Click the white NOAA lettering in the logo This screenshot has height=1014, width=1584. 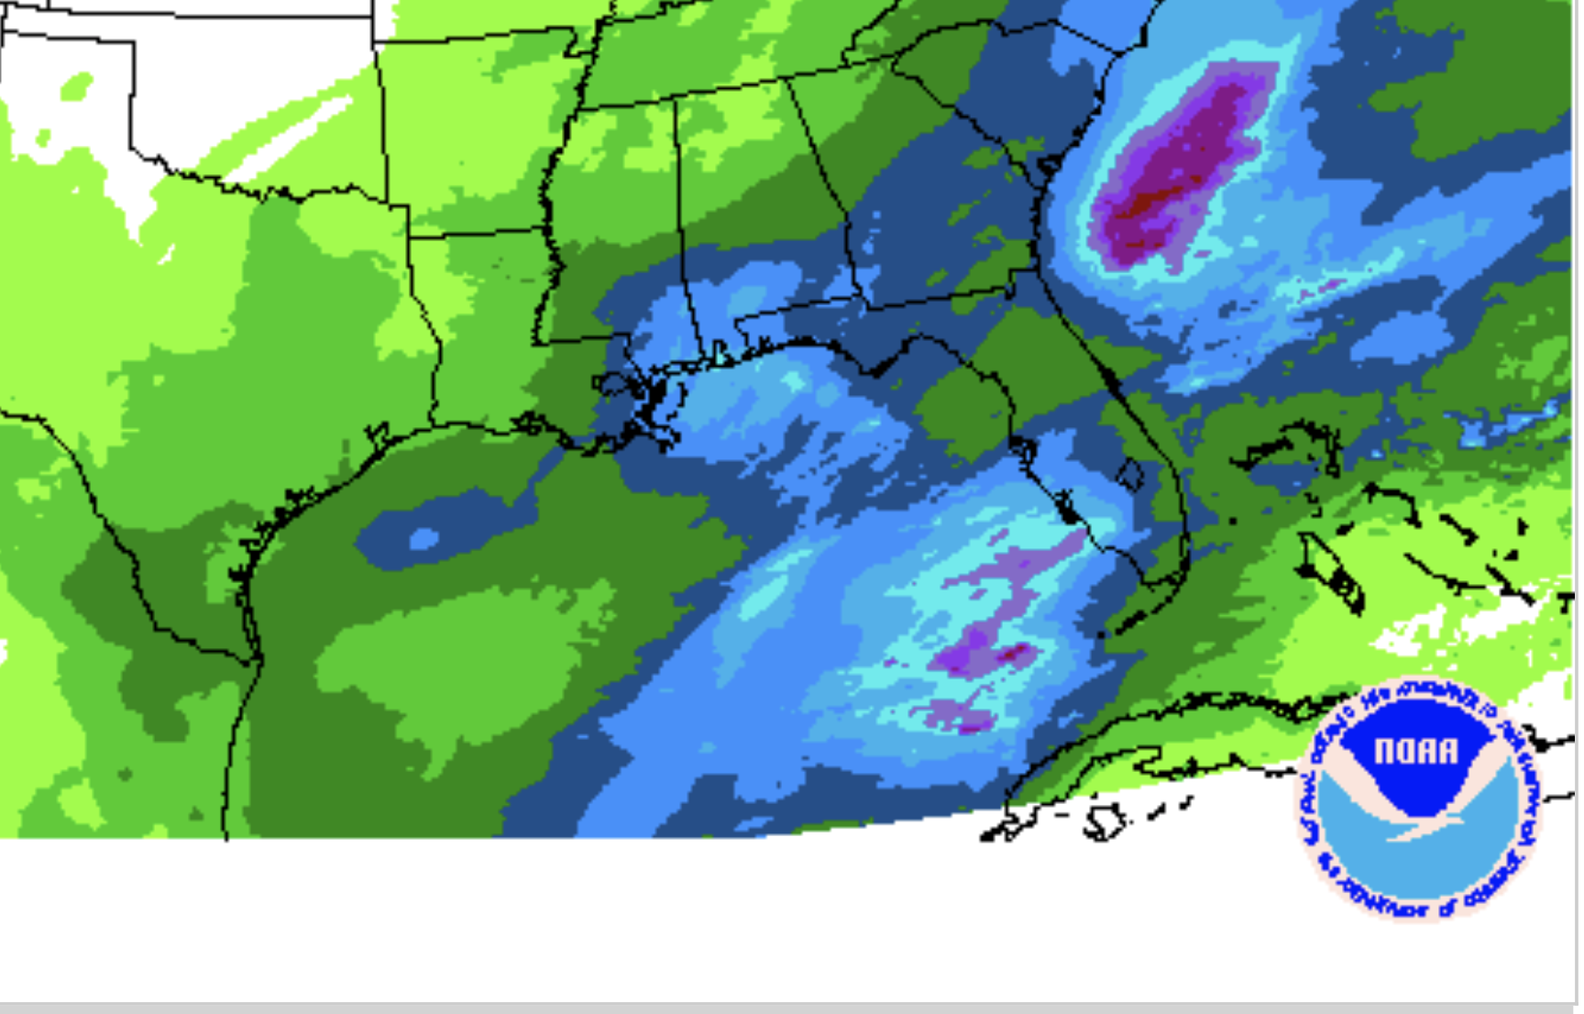(1415, 752)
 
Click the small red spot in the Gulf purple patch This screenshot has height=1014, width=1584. (1016, 653)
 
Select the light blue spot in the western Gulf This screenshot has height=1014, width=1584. (423, 538)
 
